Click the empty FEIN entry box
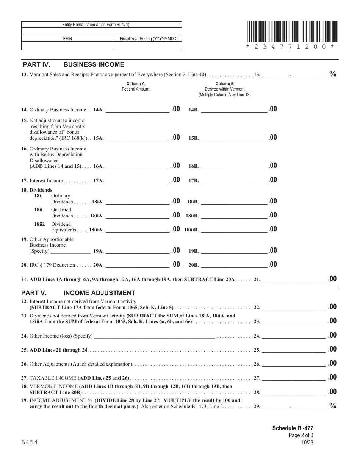tap(67, 46)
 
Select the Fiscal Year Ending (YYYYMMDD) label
tap(148, 39)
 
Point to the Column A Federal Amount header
tap(136, 86)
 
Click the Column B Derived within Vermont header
tap(224, 89)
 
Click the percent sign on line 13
tap(333, 74)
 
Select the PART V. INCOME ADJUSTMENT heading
tap(78, 293)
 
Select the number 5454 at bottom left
tap(29, 443)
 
